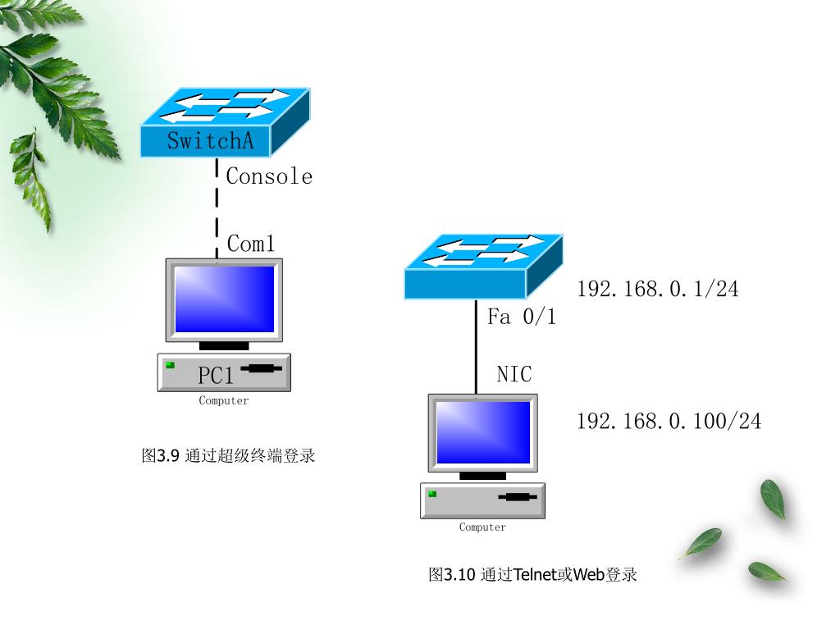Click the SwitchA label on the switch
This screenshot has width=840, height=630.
(210, 140)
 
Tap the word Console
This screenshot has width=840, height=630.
(269, 176)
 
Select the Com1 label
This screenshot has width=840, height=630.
(250, 244)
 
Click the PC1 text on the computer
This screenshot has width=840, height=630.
(216, 376)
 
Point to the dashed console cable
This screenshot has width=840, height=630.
(217, 205)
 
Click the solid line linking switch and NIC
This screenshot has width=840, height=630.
(476, 345)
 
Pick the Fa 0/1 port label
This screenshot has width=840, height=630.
(522, 317)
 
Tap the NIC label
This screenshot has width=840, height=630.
(514, 375)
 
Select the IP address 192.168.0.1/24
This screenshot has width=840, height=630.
(658, 289)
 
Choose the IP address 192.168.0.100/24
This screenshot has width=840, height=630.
(669, 422)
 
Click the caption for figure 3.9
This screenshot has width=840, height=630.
(228, 456)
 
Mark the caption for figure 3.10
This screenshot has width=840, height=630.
(532, 574)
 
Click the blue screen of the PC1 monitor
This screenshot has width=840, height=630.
(224, 299)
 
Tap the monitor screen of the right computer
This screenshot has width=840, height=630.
(483, 431)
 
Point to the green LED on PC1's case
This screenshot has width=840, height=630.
(170, 364)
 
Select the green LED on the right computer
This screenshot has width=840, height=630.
(431, 494)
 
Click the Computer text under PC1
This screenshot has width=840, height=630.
(223, 401)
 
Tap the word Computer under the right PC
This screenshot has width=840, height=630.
(482, 527)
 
